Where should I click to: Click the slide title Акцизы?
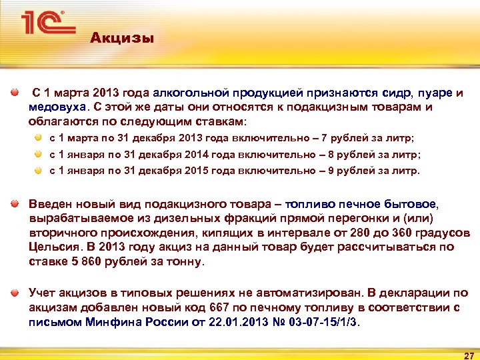coord(122,38)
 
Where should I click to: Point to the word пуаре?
coord(435,93)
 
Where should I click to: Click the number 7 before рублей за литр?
coord(324,138)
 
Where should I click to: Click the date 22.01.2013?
coord(230,322)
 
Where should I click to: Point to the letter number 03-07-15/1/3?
coord(322,322)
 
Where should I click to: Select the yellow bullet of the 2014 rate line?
coord(39,154)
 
